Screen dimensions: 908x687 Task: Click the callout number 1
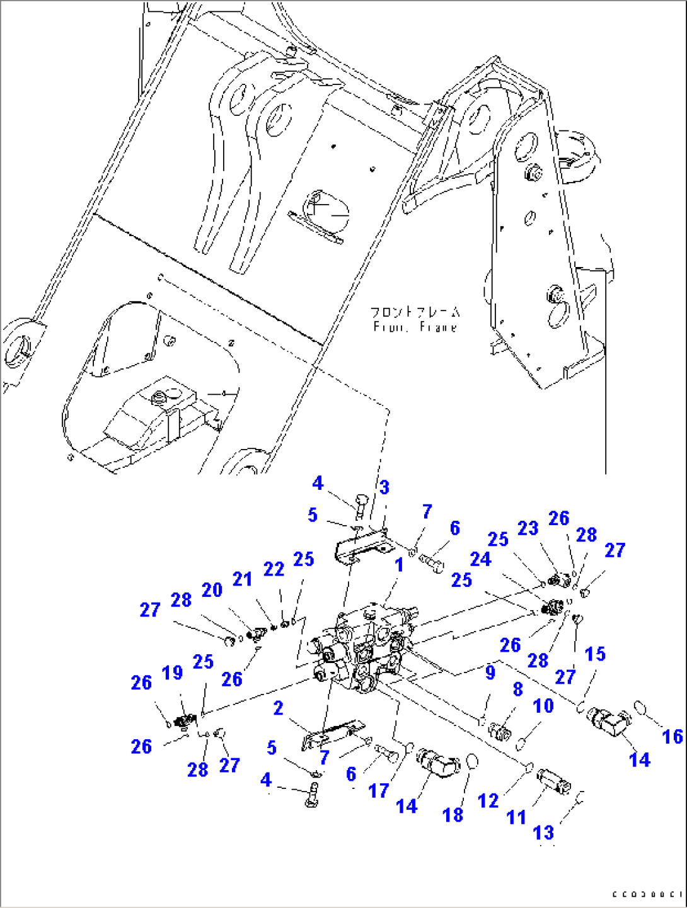(398, 565)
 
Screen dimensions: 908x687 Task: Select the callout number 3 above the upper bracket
(384, 487)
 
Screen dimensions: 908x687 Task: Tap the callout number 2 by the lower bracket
(278, 708)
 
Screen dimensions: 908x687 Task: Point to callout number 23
(528, 528)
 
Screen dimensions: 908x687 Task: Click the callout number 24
(480, 559)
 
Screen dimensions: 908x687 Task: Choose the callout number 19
(172, 672)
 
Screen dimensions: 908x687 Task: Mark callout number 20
(212, 590)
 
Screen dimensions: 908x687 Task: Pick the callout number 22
(274, 569)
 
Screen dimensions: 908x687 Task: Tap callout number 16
(673, 736)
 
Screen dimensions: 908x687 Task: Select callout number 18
(453, 815)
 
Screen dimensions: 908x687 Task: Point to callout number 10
(543, 706)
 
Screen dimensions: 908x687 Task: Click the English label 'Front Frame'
(414, 327)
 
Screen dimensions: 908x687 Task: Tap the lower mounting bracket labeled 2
(331, 734)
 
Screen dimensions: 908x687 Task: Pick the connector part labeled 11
(553, 781)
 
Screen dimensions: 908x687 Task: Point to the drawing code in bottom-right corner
(647, 894)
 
